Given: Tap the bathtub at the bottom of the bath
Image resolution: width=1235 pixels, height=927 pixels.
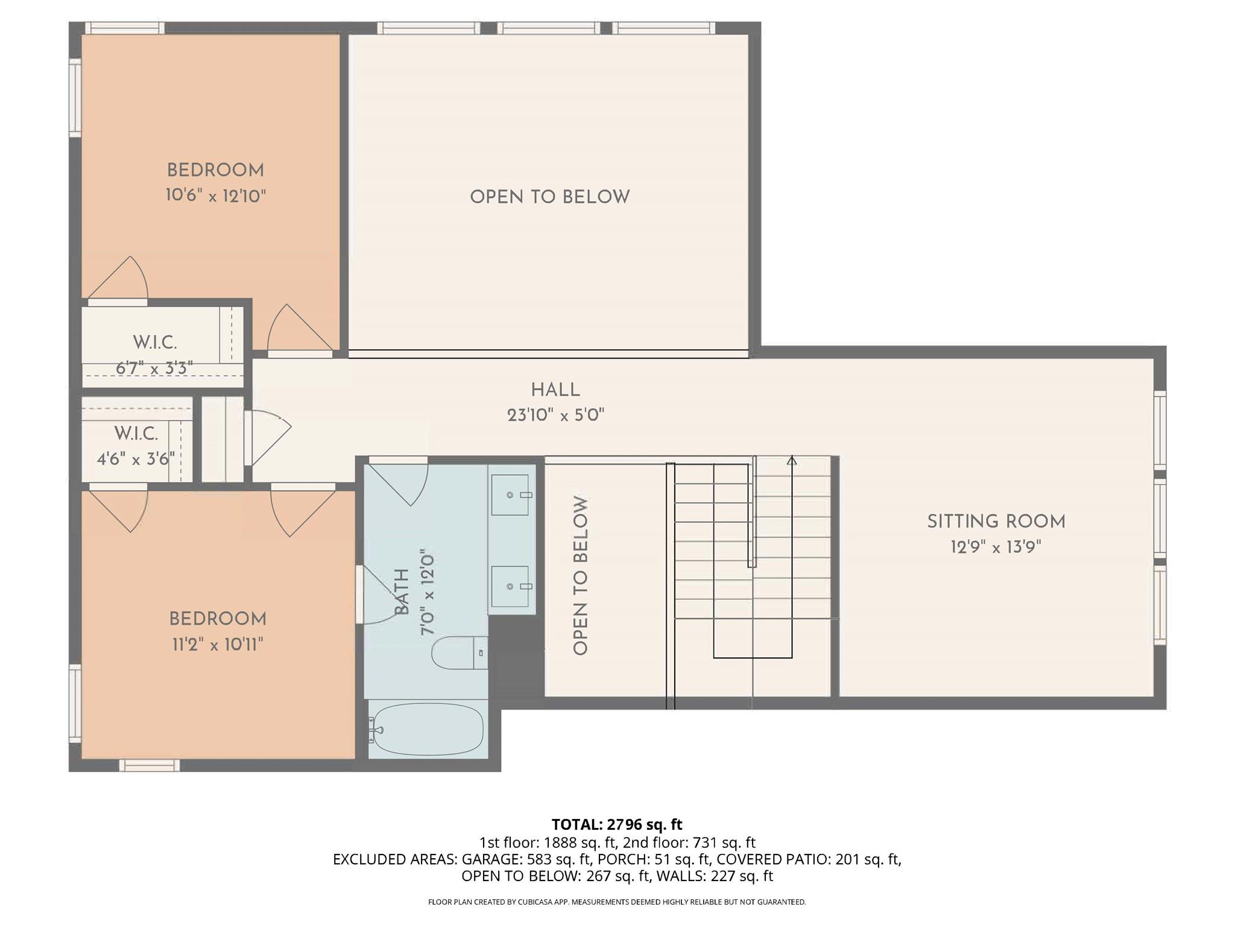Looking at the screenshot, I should pos(428,730).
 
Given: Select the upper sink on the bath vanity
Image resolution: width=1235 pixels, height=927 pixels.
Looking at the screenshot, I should pos(510,495).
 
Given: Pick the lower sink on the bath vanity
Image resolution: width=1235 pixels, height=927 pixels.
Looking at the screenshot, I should pos(510,586).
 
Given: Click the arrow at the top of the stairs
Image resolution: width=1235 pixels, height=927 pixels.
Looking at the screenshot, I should pos(792,461).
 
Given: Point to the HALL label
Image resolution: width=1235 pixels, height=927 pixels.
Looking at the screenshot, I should pos(555,390).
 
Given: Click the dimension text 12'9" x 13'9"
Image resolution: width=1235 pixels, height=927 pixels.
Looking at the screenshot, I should pos(996,547).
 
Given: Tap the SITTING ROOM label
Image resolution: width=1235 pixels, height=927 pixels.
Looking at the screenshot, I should pos(996,521).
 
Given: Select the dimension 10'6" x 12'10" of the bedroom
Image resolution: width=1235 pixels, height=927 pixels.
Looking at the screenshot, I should pos(215,196).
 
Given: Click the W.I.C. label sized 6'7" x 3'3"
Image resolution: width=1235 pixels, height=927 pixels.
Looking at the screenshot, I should pos(155,343).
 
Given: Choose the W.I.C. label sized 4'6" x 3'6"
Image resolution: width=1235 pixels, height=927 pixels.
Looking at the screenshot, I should pos(136,433).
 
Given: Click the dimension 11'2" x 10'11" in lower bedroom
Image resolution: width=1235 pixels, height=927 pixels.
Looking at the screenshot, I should pos(217,645).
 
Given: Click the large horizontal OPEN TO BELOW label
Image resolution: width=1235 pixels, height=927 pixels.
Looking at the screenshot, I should pos(549,197).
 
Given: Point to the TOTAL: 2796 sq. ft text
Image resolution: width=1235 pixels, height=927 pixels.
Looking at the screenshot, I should pos(616,824).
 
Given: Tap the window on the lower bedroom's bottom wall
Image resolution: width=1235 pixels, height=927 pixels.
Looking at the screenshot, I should pos(149,765).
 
